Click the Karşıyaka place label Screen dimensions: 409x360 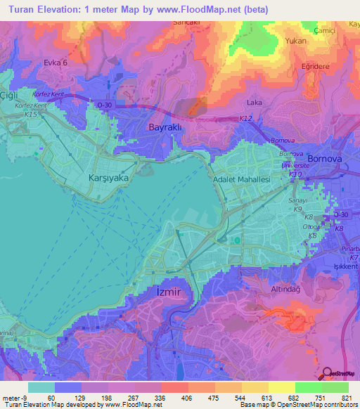[x=108, y=178]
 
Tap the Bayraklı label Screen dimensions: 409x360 [x=166, y=127]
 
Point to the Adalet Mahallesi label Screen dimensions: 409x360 [x=242, y=180]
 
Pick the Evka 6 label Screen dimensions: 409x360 [x=56, y=63]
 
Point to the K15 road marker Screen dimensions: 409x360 [x=30, y=114]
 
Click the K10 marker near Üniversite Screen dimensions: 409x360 [x=295, y=174]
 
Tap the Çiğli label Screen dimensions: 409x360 [x=8, y=95]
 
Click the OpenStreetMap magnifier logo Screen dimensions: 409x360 [x=328, y=374]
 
